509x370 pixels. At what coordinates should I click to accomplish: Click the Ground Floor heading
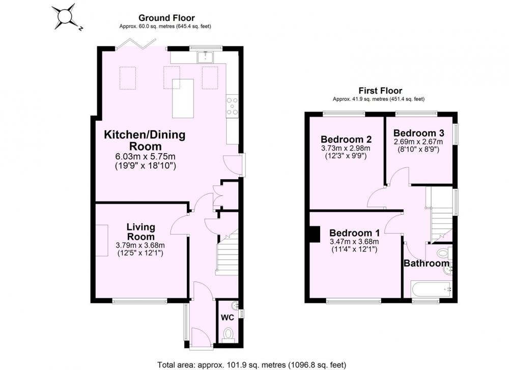click(x=166, y=18)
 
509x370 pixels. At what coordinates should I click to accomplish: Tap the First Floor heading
click(x=380, y=91)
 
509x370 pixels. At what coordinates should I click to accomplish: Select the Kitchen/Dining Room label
click(x=145, y=140)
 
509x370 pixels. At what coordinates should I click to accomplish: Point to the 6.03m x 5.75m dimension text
click(x=146, y=156)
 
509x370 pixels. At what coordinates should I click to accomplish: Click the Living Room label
click(x=141, y=232)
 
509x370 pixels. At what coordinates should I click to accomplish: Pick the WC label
click(x=227, y=318)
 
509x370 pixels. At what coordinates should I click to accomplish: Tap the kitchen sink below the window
click(x=205, y=57)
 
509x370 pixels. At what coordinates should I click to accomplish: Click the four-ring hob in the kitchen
click(x=233, y=106)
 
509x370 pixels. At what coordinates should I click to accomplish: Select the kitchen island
click(x=183, y=98)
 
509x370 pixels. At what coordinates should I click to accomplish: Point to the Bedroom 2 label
click(x=346, y=139)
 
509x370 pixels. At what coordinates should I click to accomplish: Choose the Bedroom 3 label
click(x=419, y=133)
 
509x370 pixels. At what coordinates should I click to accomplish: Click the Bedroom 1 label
click(x=354, y=233)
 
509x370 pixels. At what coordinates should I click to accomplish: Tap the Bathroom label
click(x=427, y=263)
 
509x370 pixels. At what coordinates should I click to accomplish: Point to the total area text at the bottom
click(x=252, y=365)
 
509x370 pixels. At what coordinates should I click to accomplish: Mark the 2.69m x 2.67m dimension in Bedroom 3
click(x=418, y=142)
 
